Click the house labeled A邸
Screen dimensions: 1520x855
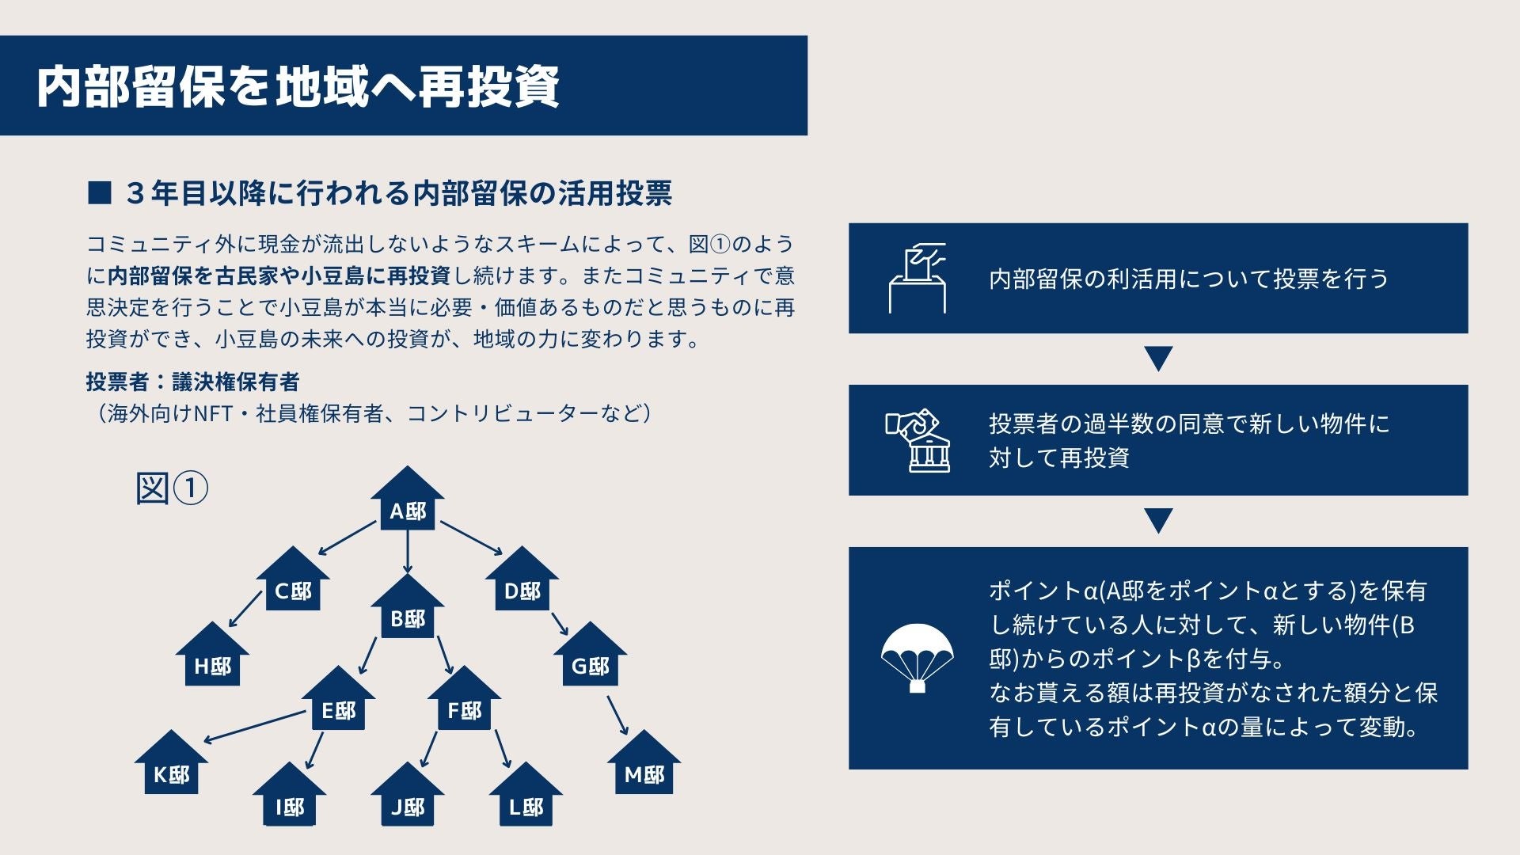point(407,500)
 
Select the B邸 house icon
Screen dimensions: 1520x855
point(407,610)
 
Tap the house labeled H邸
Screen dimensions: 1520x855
point(212,657)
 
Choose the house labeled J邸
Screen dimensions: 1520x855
point(407,797)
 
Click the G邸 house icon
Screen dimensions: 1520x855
point(590,657)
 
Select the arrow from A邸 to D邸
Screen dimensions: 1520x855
point(471,538)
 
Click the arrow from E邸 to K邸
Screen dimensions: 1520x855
point(254,727)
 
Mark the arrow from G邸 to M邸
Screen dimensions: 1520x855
point(617,715)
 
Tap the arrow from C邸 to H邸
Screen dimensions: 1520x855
point(245,609)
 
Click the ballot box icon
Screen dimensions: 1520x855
point(917,278)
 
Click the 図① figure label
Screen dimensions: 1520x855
point(172,488)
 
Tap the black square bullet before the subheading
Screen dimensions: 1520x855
point(99,192)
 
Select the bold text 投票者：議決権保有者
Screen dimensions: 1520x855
point(192,382)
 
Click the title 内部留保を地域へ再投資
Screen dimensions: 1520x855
point(298,85)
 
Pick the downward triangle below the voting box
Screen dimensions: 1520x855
point(1158,359)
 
